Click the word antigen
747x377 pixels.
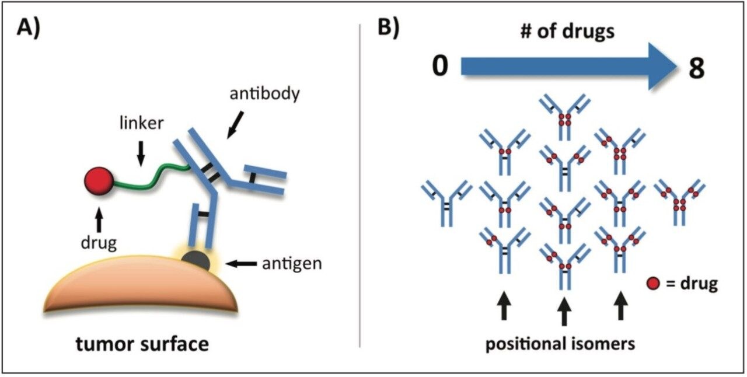click(x=292, y=264)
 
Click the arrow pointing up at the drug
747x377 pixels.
click(x=99, y=219)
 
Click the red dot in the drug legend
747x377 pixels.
click(x=654, y=284)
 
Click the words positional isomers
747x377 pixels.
click(x=561, y=344)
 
